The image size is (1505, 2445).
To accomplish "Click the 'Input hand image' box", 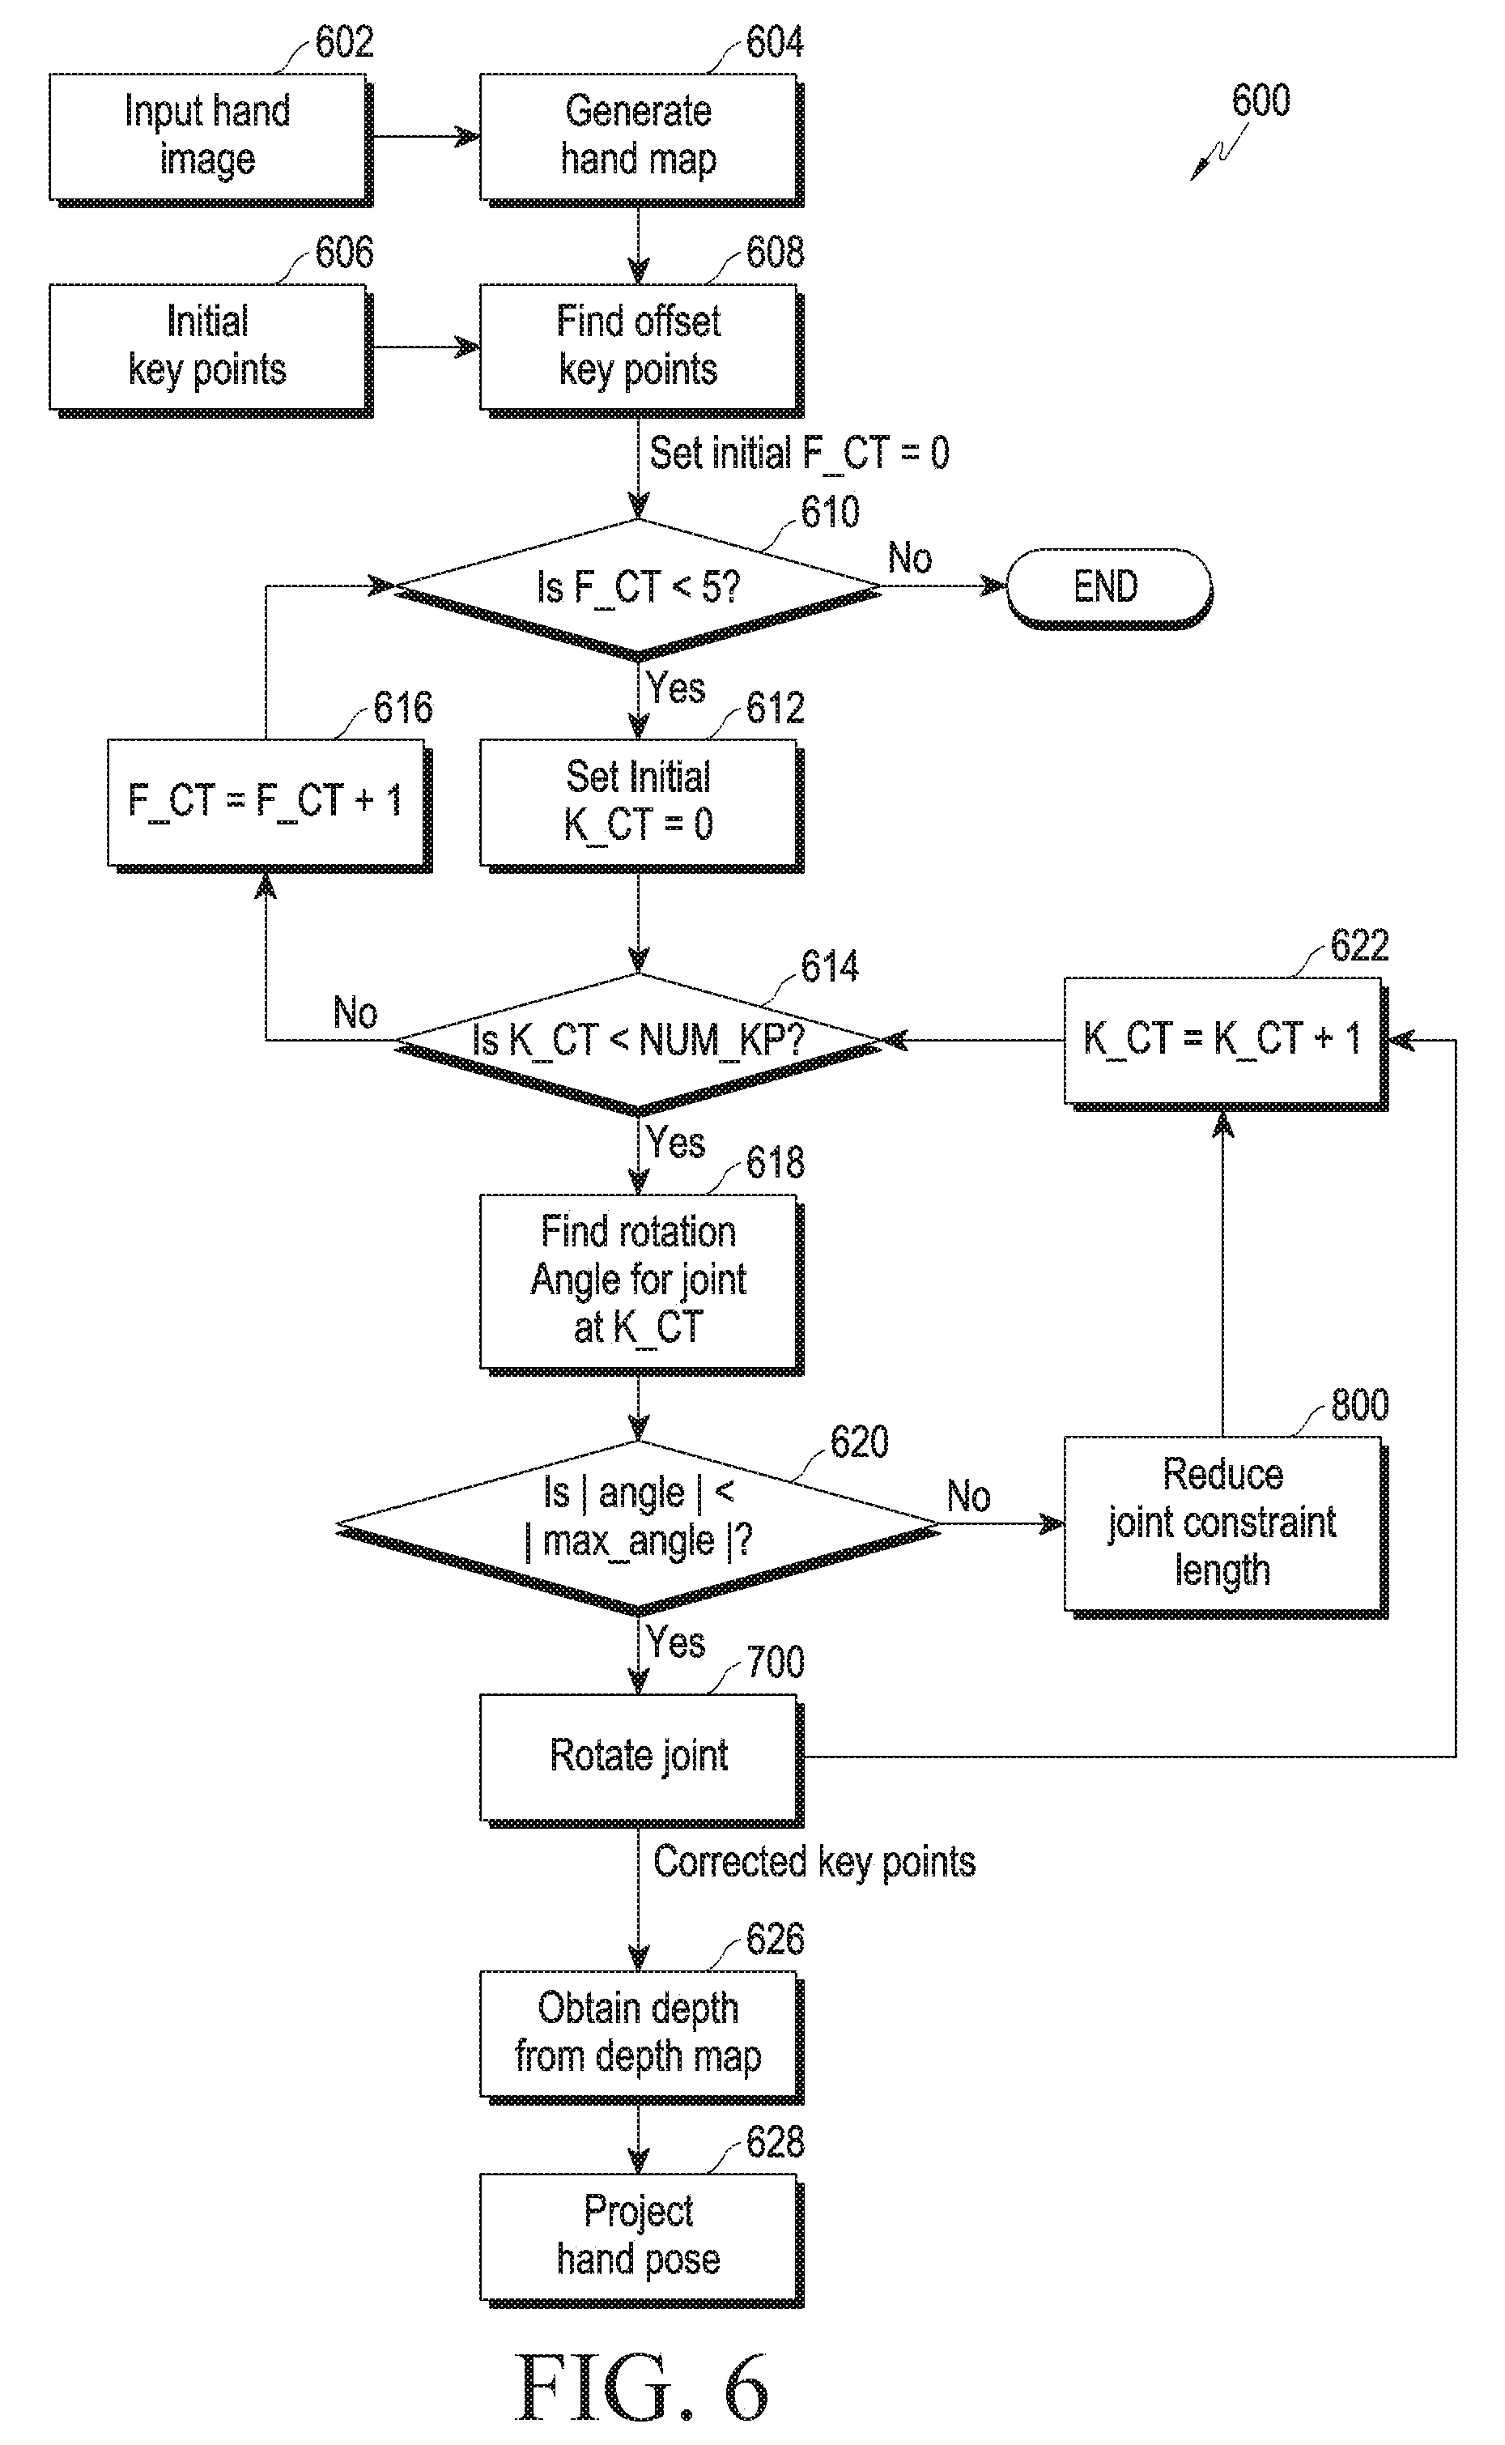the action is tap(210, 138).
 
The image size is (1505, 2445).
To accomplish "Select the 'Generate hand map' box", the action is tap(640, 138).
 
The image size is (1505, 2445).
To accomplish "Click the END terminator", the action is tap(1109, 587).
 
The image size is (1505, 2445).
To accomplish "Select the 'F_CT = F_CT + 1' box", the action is tap(268, 804).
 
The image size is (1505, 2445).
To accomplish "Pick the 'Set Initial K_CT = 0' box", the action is tap(640, 804).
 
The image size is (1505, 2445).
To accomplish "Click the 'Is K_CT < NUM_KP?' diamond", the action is tap(638, 1043).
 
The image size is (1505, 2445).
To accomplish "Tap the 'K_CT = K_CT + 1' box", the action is tap(1226, 1043).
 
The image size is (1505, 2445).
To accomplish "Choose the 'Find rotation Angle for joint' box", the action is tap(640, 1284).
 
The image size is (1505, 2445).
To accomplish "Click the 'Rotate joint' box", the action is tap(640, 1760).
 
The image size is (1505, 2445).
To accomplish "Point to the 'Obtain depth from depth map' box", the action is tap(640, 2036).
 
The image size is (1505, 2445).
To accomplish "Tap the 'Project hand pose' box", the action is tap(640, 2240).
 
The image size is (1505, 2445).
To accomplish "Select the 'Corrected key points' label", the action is tap(814, 1862).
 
